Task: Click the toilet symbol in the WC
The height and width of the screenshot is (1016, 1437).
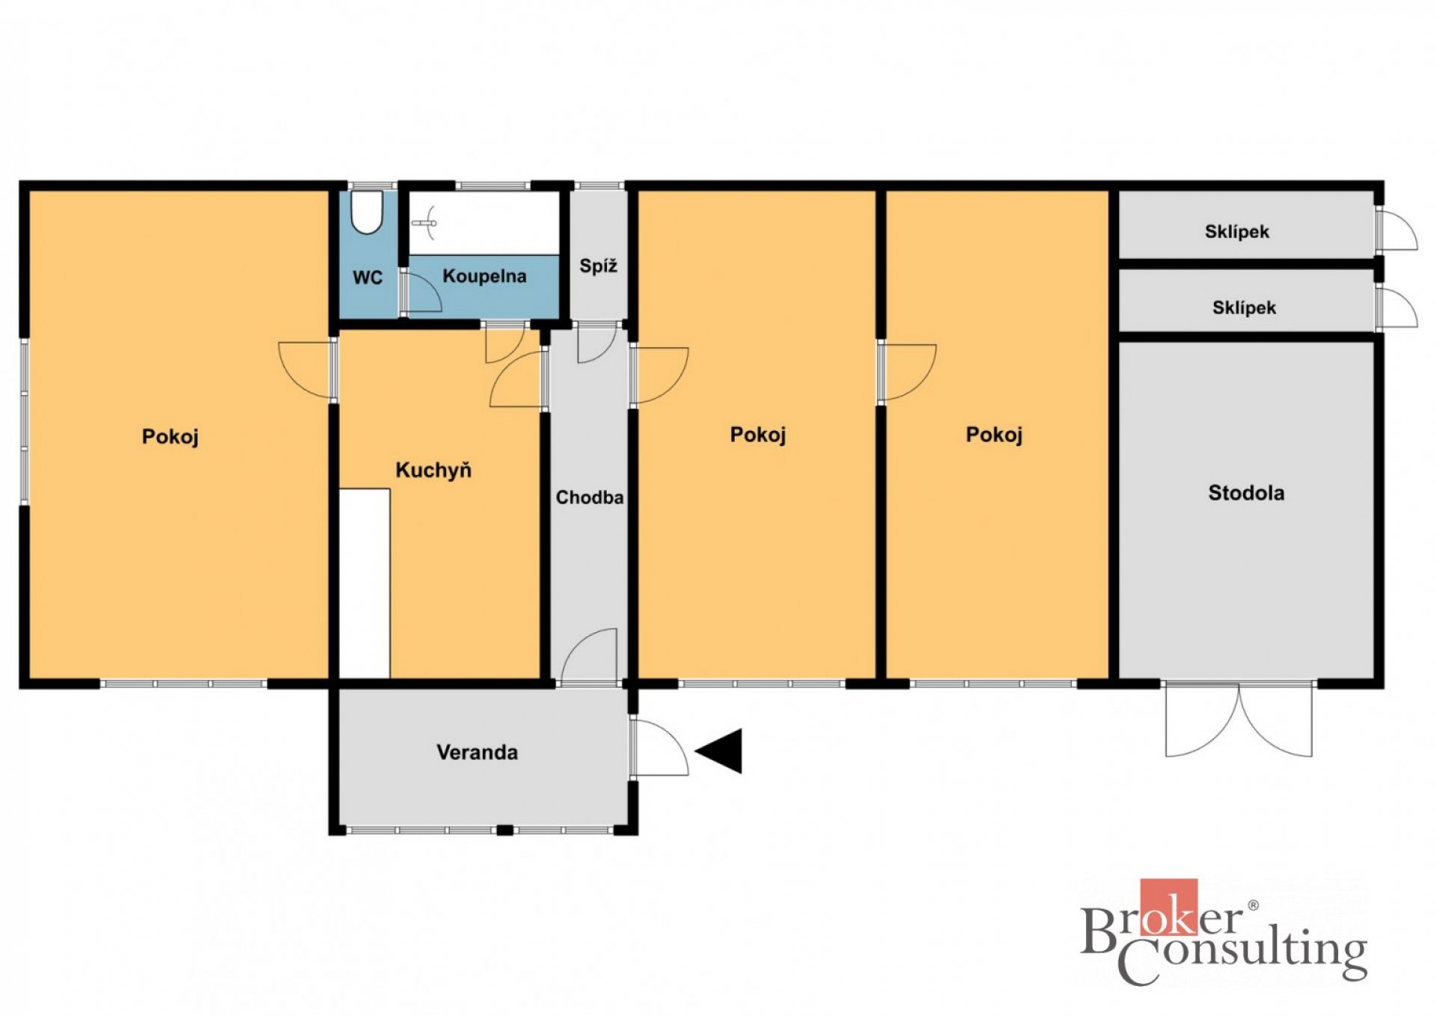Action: [367, 212]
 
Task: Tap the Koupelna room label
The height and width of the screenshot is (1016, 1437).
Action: [484, 276]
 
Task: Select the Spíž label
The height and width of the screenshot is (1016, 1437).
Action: [598, 266]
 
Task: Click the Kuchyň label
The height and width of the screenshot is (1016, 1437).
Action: [433, 470]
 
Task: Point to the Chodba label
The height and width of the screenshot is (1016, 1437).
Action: [589, 498]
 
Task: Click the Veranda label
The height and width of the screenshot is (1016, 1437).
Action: [477, 752]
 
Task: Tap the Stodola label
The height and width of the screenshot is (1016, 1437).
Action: [1246, 492]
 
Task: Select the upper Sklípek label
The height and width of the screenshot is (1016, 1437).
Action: [1236, 232]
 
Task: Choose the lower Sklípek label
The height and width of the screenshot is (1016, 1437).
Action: [1244, 307]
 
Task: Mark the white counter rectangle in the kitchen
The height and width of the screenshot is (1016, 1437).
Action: [364, 584]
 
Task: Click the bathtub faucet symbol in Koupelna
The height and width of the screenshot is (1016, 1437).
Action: [425, 221]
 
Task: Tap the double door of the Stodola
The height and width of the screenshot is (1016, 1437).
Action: [1239, 720]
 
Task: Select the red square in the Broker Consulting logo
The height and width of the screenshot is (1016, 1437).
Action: [1168, 908]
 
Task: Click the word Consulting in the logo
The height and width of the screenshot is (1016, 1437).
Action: [1242, 955]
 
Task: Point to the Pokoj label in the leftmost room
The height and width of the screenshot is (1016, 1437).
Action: [170, 436]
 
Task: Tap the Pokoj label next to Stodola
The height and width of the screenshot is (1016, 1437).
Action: [994, 435]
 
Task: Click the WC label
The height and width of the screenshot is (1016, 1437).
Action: [367, 278]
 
